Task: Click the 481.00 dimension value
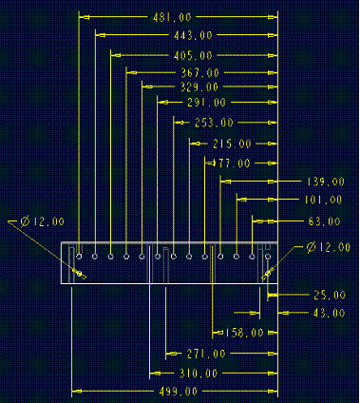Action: pos(172,17)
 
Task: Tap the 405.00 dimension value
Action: pos(194,55)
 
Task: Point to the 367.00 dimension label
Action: pos(199,72)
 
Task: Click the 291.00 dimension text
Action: pos(206,102)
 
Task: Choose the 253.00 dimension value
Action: pos(213,123)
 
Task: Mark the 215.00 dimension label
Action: pos(232,144)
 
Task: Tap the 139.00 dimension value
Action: pos(325,182)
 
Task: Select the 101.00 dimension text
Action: pos(324,201)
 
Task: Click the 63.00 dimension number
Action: pos(324,221)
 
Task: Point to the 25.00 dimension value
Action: pos(329,295)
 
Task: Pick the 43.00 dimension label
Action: pos(329,313)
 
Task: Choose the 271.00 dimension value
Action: pos(206,354)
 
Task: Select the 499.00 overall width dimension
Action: pos(179,391)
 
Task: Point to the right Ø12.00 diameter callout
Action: pos(328,248)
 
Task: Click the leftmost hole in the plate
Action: pos(81,256)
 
